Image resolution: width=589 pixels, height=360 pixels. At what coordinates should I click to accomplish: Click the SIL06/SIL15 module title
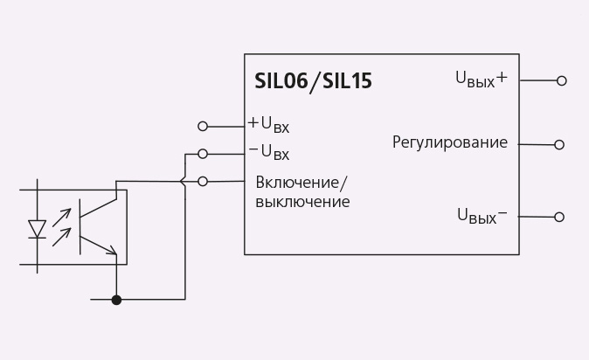tap(313, 81)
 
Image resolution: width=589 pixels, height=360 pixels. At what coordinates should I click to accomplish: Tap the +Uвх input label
tap(268, 125)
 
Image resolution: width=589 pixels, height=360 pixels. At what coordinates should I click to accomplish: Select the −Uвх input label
tap(269, 152)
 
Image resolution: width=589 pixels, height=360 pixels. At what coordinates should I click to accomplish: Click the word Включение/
tap(302, 183)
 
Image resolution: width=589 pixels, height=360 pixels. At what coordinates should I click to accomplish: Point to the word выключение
tap(302, 202)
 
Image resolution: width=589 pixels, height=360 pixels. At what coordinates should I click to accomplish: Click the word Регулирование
tap(450, 142)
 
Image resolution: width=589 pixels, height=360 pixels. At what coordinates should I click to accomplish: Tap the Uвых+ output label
tap(482, 80)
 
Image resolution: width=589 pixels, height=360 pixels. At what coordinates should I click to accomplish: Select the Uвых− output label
tap(482, 216)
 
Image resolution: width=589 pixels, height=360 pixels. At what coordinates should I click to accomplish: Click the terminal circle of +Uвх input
tap(203, 127)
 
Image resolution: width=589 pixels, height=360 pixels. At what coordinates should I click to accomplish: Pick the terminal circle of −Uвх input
tap(203, 154)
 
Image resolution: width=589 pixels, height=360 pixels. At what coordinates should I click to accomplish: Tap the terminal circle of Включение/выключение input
tap(203, 182)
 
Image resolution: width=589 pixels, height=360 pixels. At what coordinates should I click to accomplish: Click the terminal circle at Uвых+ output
tap(562, 80)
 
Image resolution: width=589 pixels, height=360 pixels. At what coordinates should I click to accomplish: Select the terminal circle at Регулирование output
tap(559, 145)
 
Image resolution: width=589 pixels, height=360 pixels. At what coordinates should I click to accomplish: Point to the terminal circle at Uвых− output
tap(559, 217)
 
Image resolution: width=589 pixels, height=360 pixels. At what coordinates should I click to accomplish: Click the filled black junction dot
tap(116, 300)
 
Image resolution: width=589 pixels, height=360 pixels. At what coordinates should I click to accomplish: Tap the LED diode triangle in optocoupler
tap(38, 229)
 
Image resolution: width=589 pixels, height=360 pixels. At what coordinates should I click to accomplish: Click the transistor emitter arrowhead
tap(112, 250)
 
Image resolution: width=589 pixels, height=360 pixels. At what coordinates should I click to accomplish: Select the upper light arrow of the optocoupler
tap(61, 218)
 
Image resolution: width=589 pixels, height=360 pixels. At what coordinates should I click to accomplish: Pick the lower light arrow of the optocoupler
tap(61, 237)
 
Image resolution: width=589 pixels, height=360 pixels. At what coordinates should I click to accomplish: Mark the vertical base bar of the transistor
tap(80, 227)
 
